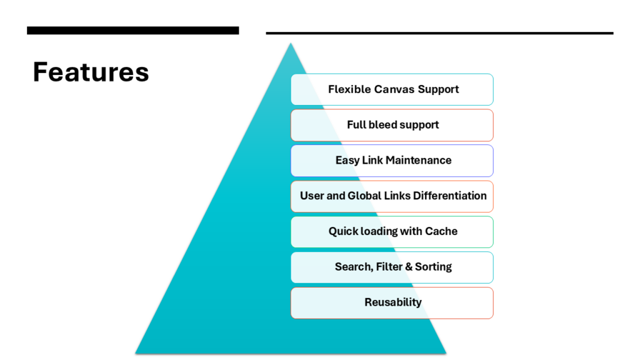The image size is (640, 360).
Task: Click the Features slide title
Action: click(x=91, y=72)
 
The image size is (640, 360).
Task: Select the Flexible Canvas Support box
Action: click(x=392, y=89)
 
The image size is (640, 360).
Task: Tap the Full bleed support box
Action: click(x=392, y=125)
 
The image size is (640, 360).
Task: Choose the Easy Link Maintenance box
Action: click(x=392, y=161)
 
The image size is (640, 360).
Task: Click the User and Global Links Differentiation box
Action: click(x=392, y=196)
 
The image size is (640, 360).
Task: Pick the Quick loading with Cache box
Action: click(x=392, y=232)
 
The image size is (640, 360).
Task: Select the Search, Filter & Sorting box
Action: click(x=392, y=267)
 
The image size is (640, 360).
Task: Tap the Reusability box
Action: click(x=392, y=303)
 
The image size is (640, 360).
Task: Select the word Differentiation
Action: click(x=450, y=196)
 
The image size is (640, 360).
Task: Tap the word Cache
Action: click(x=441, y=231)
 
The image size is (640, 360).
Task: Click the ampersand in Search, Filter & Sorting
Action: click(x=409, y=267)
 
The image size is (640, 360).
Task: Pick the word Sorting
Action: click(x=434, y=267)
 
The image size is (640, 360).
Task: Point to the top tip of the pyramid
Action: click(x=291, y=43)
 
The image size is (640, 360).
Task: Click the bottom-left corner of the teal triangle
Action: click(x=136, y=353)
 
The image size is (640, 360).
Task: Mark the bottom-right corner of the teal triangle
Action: click(x=446, y=353)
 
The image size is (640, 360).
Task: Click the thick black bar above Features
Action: click(x=133, y=31)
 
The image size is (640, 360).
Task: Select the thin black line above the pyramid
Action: click(x=439, y=33)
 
